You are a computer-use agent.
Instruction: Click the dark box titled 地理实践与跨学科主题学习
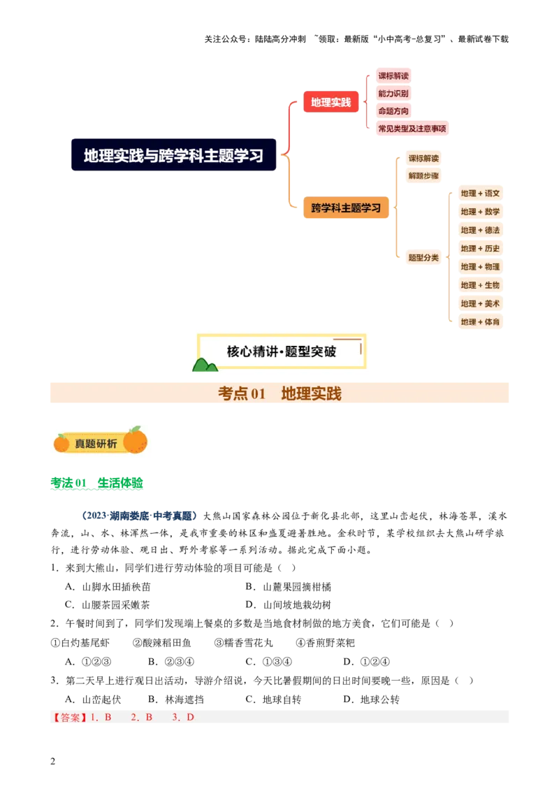pyautogui.click(x=173, y=155)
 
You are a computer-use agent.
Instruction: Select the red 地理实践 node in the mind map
pyautogui.click(x=330, y=103)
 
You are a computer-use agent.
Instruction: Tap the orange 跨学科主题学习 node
pyautogui.click(x=346, y=208)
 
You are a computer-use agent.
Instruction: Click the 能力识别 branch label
pyautogui.click(x=393, y=93)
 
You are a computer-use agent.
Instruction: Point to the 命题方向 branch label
pyautogui.click(x=393, y=111)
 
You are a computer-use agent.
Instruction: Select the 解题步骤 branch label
pyautogui.click(x=423, y=176)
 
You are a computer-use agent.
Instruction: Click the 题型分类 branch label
pyautogui.click(x=423, y=257)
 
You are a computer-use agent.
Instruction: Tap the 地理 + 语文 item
pyautogui.click(x=480, y=194)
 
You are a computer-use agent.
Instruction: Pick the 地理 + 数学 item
pyautogui.click(x=480, y=212)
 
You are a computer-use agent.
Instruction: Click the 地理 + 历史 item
pyautogui.click(x=480, y=248)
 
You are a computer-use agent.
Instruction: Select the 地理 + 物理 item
pyautogui.click(x=480, y=266)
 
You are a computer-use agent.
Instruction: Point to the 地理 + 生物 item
pyautogui.click(x=480, y=285)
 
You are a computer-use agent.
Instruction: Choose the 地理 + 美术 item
pyautogui.click(x=480, y=303)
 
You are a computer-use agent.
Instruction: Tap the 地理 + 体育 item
pyautogui.click(x=480, y=322)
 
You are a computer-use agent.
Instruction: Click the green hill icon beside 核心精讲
pyautogui.click(x=205, y=364)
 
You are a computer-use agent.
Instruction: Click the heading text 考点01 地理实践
pyautogui.click(x=279, y=394)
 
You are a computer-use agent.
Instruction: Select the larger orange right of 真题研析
pyautogui.click(x=136, y=441)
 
